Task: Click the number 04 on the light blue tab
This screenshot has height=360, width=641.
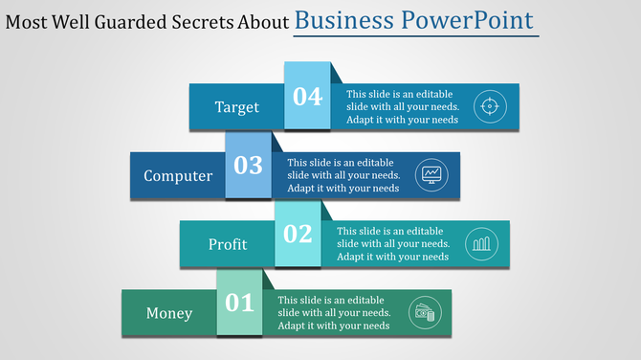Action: (x=307, y=97)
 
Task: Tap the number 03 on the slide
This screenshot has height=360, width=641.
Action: (x=248, y=166)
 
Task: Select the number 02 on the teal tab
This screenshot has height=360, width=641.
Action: (x=298, y=234)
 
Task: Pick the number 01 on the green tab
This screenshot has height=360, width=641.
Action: (x=239, y=304)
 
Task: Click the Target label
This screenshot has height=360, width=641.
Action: (x=236, y=107)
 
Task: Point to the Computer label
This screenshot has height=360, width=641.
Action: (x=178, y=176)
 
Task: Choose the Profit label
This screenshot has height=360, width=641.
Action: (x=228, y=244)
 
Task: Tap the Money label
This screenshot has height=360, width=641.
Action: (x=169, y=313)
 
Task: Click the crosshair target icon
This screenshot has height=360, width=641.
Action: (x=490, y=106)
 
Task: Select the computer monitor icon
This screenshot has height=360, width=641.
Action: (x=431, y=175)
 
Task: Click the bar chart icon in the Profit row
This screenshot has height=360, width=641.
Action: (x=481, y=244)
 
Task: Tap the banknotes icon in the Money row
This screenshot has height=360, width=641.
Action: (x=423, y=312)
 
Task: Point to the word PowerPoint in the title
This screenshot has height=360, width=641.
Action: (x=475, y=20)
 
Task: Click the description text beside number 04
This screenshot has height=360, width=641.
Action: (x=402, y=107)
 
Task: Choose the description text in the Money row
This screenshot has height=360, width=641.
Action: (x=334, y=313)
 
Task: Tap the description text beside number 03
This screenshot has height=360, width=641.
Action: (x=343, y=176)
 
